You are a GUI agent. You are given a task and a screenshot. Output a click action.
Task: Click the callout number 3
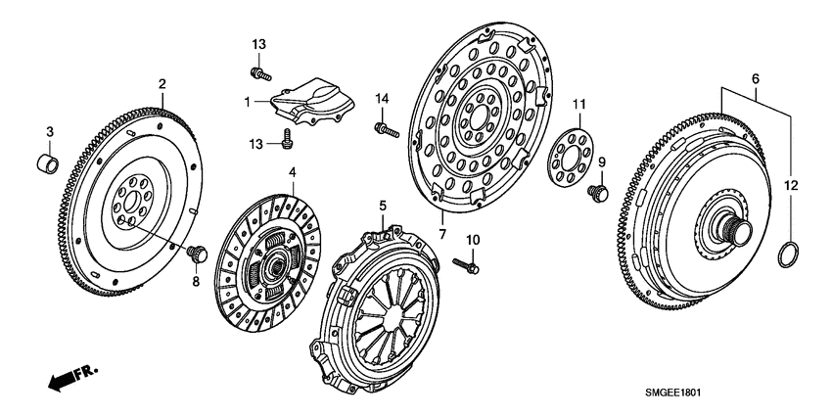click(52, 133)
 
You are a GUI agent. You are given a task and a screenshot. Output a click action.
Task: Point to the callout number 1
click(249, 99)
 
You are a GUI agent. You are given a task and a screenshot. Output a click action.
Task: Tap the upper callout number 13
click(258, 46)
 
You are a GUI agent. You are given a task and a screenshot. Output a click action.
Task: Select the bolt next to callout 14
click(383, 127)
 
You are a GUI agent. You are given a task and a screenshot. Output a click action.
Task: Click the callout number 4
click(291, 173)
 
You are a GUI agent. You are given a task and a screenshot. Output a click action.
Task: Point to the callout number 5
click(384, 206)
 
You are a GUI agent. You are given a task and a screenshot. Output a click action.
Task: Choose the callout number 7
click(441, 236)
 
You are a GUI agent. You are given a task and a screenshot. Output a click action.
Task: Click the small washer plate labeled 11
click(564, 157)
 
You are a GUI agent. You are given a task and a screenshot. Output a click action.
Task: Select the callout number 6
click(755, 76)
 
